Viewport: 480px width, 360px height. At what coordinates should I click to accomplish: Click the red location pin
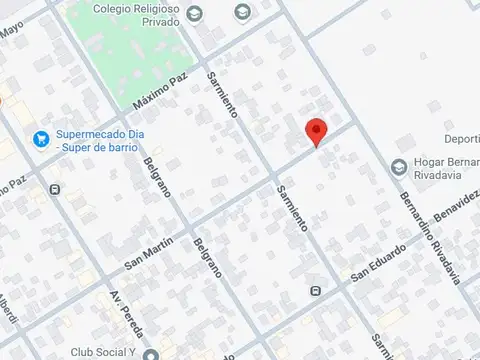pos(317,132)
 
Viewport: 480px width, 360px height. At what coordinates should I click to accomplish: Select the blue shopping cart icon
pos(41,138)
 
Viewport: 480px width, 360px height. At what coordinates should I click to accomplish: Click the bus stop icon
pos(316,291)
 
